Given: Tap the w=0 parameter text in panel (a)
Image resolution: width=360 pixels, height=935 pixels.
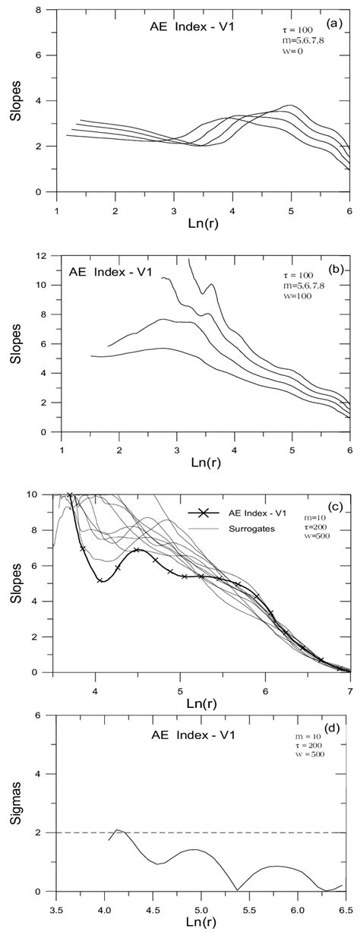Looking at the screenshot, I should coord(291,51).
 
